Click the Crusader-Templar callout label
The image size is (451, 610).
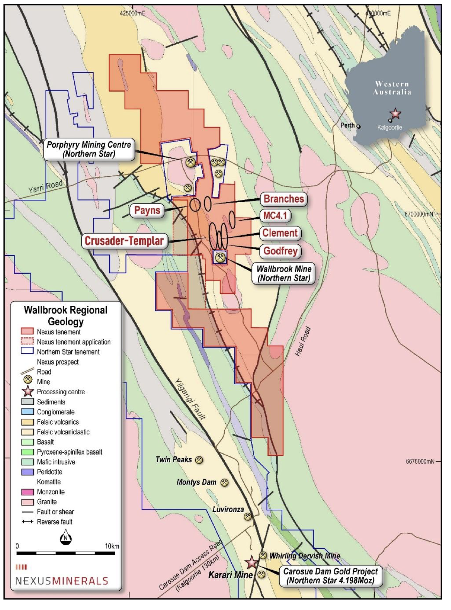click(x=124, y=241)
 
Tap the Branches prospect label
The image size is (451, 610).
click(x=284, y=199)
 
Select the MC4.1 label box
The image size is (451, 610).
click(x=275, y=215)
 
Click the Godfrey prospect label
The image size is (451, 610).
click(x=280, y=251)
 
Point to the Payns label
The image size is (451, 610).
click(x=147, y=211)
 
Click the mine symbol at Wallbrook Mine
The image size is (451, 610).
click(x=220, y=257)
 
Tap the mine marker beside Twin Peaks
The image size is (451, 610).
click(x=199, y=460)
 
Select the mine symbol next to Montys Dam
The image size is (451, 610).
click(x=224, y=483)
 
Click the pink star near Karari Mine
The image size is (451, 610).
click(x=251, y=563)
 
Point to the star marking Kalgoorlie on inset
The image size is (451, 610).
click(x=395, y=114)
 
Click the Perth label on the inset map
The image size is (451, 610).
click(x=347, y=125)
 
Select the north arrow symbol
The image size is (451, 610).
click(x=66, y=537)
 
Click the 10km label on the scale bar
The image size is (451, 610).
click(x=112, y=546)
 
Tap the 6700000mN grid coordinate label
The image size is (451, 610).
click(x=419, y=214)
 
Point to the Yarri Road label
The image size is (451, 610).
click(x=45, y=187)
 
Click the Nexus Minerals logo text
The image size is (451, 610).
click(x=62, y=581)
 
